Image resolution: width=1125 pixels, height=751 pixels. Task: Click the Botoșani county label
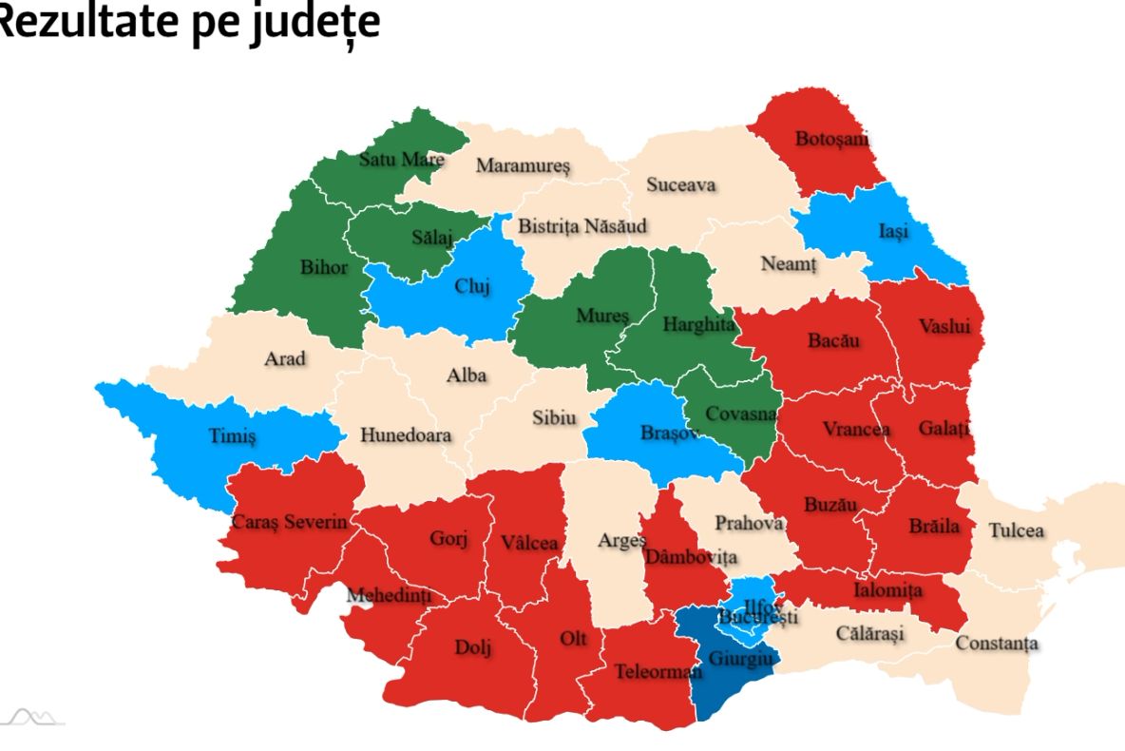click(832, 140)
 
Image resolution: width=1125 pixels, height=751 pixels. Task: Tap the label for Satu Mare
click(401, 159)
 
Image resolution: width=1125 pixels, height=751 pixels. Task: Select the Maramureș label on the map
click(523, 165)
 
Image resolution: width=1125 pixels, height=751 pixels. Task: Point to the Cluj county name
click(472, 288)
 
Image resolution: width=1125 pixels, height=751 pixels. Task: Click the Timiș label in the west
click(233, 436)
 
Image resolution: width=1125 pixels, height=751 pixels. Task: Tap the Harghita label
click(698, 324)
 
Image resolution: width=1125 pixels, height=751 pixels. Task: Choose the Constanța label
click(997, 644)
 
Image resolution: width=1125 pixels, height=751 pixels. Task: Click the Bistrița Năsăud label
click(582, 226)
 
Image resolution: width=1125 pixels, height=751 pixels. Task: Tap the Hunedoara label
click(406, 435)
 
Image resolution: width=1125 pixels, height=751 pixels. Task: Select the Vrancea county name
click(856, 429)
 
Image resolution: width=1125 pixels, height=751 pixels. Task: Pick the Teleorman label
click(658, 671)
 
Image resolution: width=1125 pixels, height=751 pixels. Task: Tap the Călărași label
click(870, 633)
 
